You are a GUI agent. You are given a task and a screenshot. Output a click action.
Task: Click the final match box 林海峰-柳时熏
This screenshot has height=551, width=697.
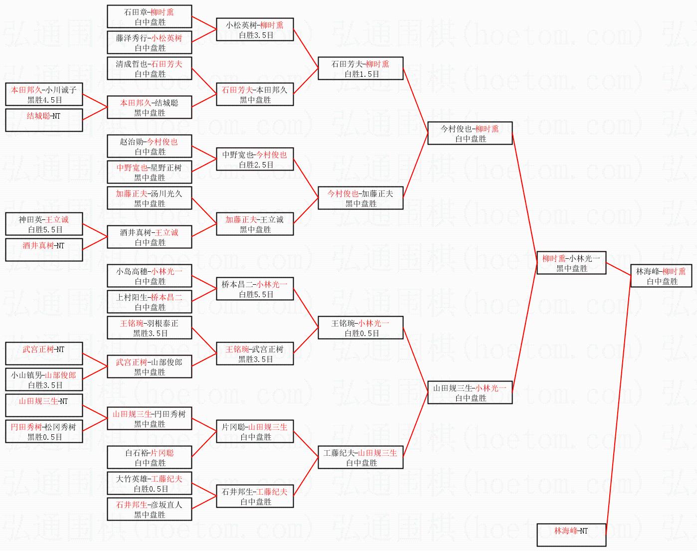coord(661,276)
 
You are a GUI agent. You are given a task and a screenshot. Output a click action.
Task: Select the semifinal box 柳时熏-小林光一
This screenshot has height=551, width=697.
coord(571,263)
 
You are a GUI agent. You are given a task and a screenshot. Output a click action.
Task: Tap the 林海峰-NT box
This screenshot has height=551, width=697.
coord(571,535)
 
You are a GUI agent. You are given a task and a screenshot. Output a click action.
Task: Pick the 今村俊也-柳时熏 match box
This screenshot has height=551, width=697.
coord(470,133)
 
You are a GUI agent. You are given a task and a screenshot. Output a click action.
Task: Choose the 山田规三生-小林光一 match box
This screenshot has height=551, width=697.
coord(470,392)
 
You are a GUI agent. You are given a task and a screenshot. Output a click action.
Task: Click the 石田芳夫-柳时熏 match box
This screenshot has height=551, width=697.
coord(360,68)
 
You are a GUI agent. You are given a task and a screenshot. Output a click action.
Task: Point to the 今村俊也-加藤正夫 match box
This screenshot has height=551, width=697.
coord(360,198)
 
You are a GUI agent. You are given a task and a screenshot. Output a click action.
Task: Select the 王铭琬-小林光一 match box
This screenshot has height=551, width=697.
coord(360,328)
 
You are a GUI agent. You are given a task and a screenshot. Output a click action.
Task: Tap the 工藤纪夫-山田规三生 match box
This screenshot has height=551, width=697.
coord(360,457)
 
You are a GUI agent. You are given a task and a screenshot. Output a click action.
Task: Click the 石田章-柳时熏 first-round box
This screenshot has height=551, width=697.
coord(149,16)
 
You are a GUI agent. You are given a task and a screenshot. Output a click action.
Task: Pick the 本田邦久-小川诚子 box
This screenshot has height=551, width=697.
coord(44,94)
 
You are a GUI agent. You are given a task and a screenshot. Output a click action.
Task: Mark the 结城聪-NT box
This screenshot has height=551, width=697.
coord(44,120)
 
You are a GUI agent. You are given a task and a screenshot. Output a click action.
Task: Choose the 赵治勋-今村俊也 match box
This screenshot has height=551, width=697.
coord(149,146)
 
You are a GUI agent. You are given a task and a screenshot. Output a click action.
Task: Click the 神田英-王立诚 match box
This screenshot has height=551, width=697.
coord(44,224)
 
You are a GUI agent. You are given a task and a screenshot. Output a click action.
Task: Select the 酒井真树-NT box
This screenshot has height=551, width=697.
coord(44,250)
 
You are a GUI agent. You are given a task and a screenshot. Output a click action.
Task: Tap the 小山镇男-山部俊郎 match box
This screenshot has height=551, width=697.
coord(44,379)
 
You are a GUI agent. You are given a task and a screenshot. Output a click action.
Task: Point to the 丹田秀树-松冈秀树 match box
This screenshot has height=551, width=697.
coord(44,431)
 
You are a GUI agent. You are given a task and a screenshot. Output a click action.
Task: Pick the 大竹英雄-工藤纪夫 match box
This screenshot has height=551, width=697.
coord(149,483)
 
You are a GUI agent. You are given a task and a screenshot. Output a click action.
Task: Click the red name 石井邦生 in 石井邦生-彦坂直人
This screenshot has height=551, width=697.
coord(132,505)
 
